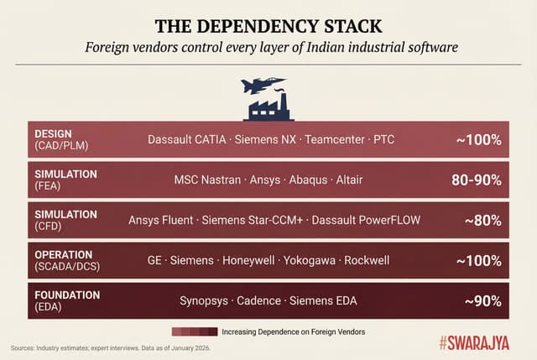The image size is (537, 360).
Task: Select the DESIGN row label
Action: pyautogui.click(x=53, y=133)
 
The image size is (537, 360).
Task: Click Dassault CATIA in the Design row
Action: pyautogui.click(x=186, y=139)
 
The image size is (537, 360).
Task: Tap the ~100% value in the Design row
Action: pyautogui.click(x=478, y=139)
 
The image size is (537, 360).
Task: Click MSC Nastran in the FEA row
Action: pyautogui.click(x=206, y=180)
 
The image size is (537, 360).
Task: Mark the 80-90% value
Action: pyautogui.click(x=475, y=180)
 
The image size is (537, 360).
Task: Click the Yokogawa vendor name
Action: pyautogui.click(x=313, y=260)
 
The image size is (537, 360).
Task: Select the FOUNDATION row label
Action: pyautogui.click(x=67, y=295)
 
